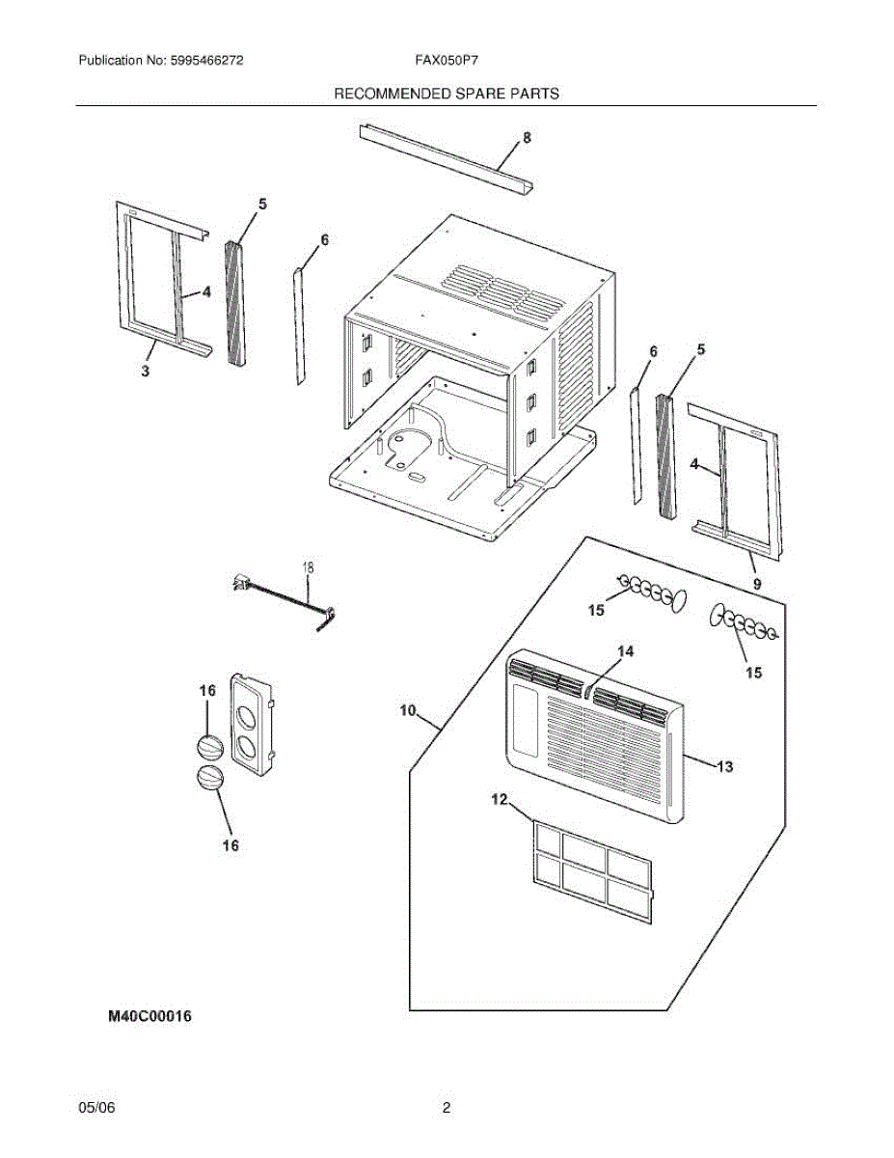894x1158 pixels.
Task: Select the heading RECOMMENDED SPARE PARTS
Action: tap(447, 94)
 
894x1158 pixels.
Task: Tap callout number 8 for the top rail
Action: tap(527, 138)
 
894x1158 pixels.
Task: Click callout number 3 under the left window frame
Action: tap(146, 372)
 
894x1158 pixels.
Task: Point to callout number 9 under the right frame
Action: tap(757, 584)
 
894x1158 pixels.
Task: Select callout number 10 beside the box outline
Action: tap(408, 711)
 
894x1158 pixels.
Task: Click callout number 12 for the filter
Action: tap(499, 799)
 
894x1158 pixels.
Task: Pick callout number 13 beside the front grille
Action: tap(725, 767)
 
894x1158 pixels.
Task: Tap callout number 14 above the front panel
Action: tap(626, 652)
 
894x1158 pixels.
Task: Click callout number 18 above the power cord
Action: tap(309, 568)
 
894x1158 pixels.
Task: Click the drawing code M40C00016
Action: tap(150, 1016)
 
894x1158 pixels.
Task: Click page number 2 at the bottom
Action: tap(447, 1109)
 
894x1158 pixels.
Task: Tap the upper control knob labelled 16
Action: tap(209, 748)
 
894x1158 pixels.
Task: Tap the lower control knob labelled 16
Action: tap(209, 779)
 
